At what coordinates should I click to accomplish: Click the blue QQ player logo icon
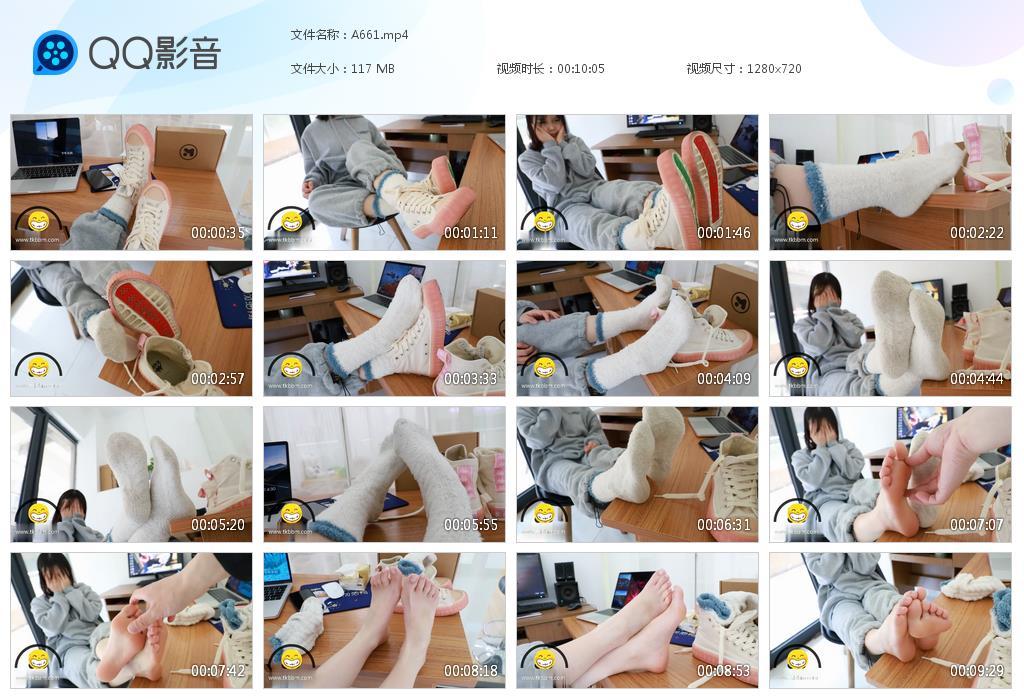click(x=55, y=53)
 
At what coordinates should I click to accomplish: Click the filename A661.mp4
click(x=379, y=35)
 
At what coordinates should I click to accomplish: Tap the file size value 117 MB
click(x=373, y=69)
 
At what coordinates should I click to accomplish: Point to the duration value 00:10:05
click(x=581, y=69)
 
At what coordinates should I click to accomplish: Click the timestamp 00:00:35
click(x=218, y=233)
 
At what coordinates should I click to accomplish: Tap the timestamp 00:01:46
click(x=724, y=233)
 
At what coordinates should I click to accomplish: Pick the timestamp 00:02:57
click(x=218, y=379)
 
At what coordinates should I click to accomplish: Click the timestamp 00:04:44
click(x=977, y=379)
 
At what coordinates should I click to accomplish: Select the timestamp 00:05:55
click(x=471, y=525)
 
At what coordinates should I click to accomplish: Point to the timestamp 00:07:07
click(x=977, y=525)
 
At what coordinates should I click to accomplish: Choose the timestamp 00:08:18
click(x=471, y=671)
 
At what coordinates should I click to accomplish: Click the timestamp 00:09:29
click(x=977, y=671)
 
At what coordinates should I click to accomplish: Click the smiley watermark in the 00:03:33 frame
click(x=292, y=367)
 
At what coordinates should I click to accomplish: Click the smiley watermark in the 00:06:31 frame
click(x=545, y=513)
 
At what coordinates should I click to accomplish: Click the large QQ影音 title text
click(x=155, y=53)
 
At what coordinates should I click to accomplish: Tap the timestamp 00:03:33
click(x=471, y=379)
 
